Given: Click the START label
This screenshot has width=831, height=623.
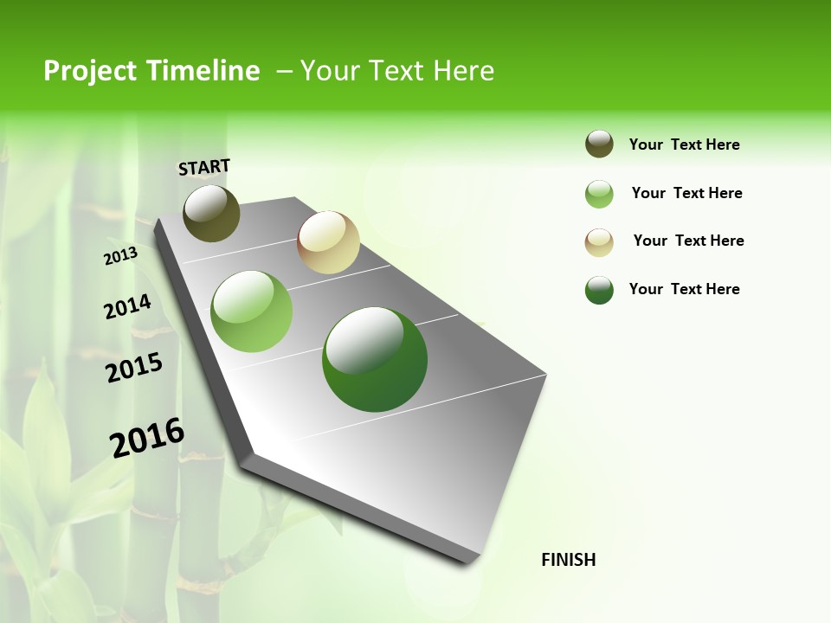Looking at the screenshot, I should click(204, 167).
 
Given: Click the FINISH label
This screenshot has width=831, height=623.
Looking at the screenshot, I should click(568, 560).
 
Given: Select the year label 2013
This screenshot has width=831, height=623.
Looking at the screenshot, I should click(120, 255).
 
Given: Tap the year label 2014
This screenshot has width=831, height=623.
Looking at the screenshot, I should click(127, 306).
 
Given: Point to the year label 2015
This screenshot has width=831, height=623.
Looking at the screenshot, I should click(134, 367).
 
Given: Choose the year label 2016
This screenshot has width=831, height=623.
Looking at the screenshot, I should click(147, 437).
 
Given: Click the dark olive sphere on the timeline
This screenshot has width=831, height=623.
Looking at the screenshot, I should click(211, 213).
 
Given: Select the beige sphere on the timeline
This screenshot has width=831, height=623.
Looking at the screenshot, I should click(328, 242).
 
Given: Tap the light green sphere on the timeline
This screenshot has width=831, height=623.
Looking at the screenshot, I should click(252, 311).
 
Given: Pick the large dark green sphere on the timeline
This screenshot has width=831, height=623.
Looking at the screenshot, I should click(375, 359).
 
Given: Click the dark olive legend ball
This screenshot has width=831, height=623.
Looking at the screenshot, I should click(599, 145).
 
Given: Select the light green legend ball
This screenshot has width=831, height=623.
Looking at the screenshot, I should click(599, 194).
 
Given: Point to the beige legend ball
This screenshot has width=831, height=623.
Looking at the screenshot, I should click(599, 241).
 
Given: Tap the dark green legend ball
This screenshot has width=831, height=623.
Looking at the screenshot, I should click(599, 290).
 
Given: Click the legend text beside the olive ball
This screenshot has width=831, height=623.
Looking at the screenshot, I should click(684, 145).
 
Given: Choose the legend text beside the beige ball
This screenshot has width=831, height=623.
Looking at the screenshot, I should click(688, 241).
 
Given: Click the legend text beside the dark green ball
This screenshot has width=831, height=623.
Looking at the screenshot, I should click(684, 289).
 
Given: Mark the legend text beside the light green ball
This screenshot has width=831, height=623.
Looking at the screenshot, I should click(686, 193).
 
